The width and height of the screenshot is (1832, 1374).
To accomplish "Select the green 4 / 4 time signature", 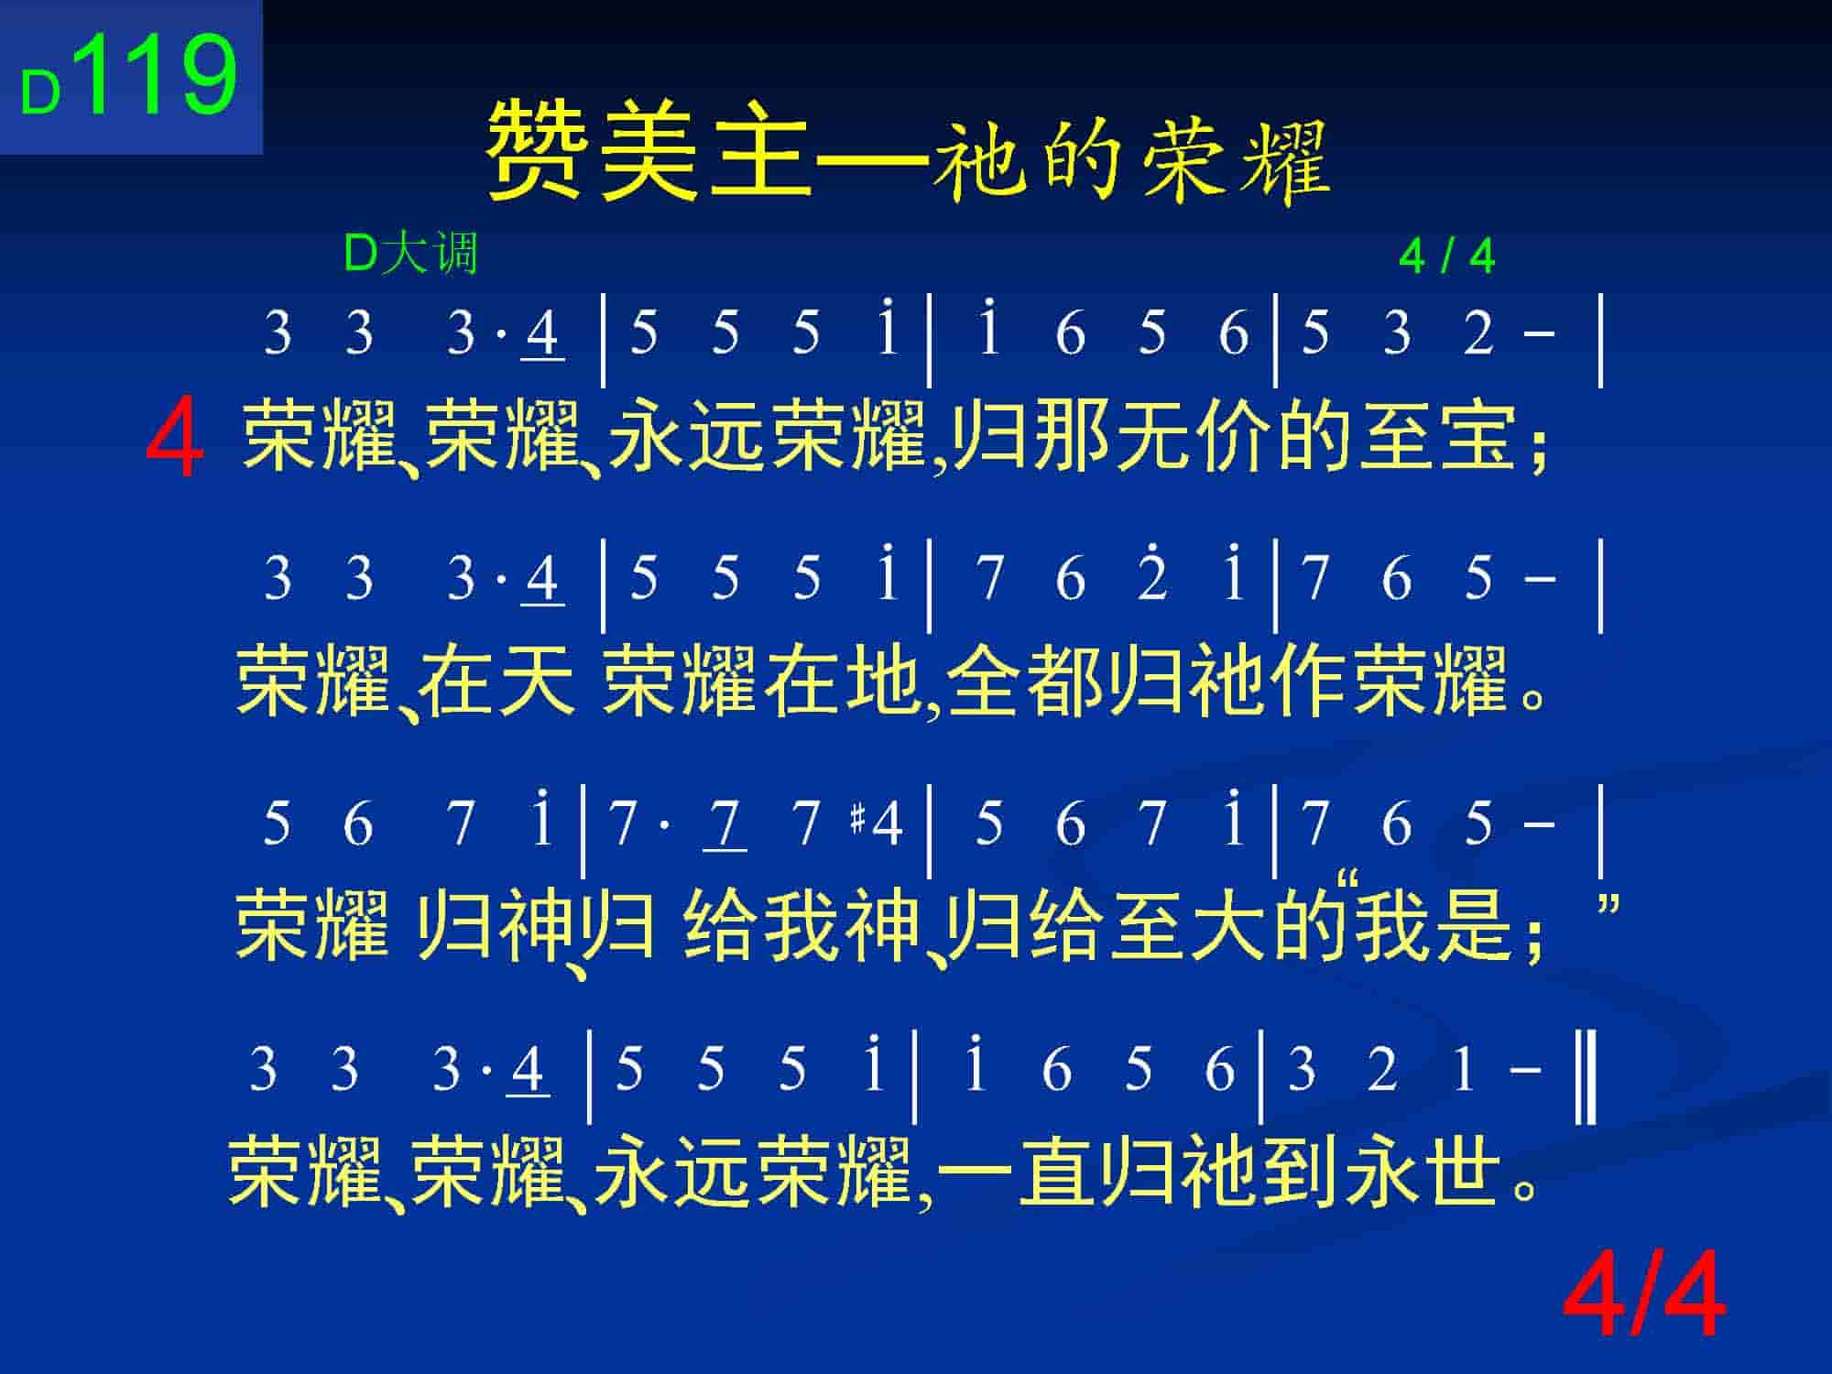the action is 1447,256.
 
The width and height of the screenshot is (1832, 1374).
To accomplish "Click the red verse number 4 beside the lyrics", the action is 174,438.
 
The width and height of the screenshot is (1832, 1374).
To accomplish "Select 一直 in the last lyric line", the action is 1018,1170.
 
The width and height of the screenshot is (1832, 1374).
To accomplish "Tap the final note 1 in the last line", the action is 1463,1068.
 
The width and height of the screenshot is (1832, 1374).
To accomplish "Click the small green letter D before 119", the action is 40,93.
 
